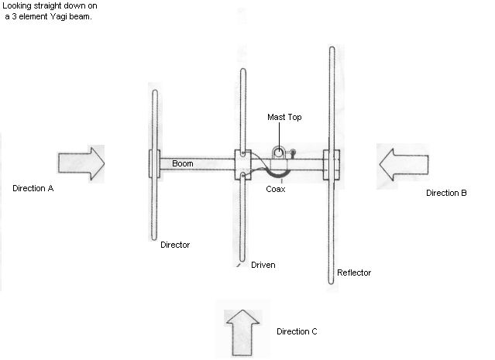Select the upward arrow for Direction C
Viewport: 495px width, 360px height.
coord(243,330)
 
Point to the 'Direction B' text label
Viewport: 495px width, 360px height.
coord(446,193)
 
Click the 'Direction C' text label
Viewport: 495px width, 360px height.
coord(297,332)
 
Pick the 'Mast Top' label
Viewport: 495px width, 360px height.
coord(284,117)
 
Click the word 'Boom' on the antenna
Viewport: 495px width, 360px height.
coord(183,164)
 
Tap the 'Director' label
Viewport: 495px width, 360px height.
coord(175,245)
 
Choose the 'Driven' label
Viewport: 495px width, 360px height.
coord(263,265)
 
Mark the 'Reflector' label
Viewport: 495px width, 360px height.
coord(354,273)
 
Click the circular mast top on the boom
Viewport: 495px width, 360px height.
coord(277,153)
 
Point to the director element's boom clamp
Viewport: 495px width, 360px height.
coord(154,164)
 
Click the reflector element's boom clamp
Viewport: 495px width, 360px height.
coord(332,164)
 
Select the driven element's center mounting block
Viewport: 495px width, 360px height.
coord(242,163)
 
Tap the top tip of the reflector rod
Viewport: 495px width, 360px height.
coord(332,49)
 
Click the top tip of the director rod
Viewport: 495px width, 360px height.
coord(154,91)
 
